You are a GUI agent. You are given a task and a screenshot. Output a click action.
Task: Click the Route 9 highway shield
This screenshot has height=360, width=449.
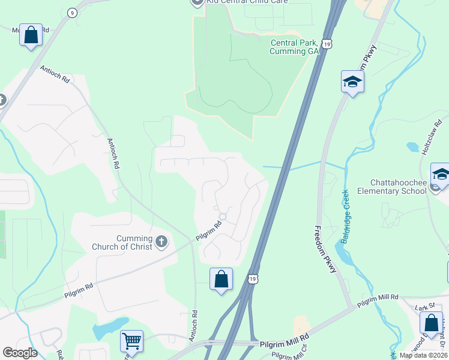pos(72,12)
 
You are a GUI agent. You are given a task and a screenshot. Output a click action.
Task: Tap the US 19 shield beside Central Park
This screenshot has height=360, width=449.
pos(327,44)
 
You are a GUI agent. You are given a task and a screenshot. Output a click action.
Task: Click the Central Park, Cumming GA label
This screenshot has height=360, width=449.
pos(295,47)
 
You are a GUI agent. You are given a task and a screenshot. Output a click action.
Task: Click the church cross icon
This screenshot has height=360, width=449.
pos(161,242)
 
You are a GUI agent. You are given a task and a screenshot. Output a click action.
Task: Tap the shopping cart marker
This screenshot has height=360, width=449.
pos(132,341)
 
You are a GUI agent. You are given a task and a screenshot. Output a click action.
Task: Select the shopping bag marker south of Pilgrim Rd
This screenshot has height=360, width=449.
pos(221,278)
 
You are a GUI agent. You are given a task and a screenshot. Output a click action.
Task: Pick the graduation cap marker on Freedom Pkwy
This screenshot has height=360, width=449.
pos(353,82)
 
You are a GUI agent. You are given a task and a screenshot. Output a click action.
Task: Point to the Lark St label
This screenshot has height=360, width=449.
pos(424,308)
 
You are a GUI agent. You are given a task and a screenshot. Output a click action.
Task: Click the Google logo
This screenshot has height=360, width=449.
pos(19,353)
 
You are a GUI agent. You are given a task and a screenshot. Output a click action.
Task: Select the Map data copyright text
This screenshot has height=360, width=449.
pos(423,355)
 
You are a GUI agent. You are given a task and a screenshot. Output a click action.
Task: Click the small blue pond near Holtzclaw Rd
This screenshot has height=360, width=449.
pos(412,146)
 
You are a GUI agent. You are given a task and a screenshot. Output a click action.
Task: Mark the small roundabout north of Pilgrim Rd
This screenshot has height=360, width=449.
pos(223,217)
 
